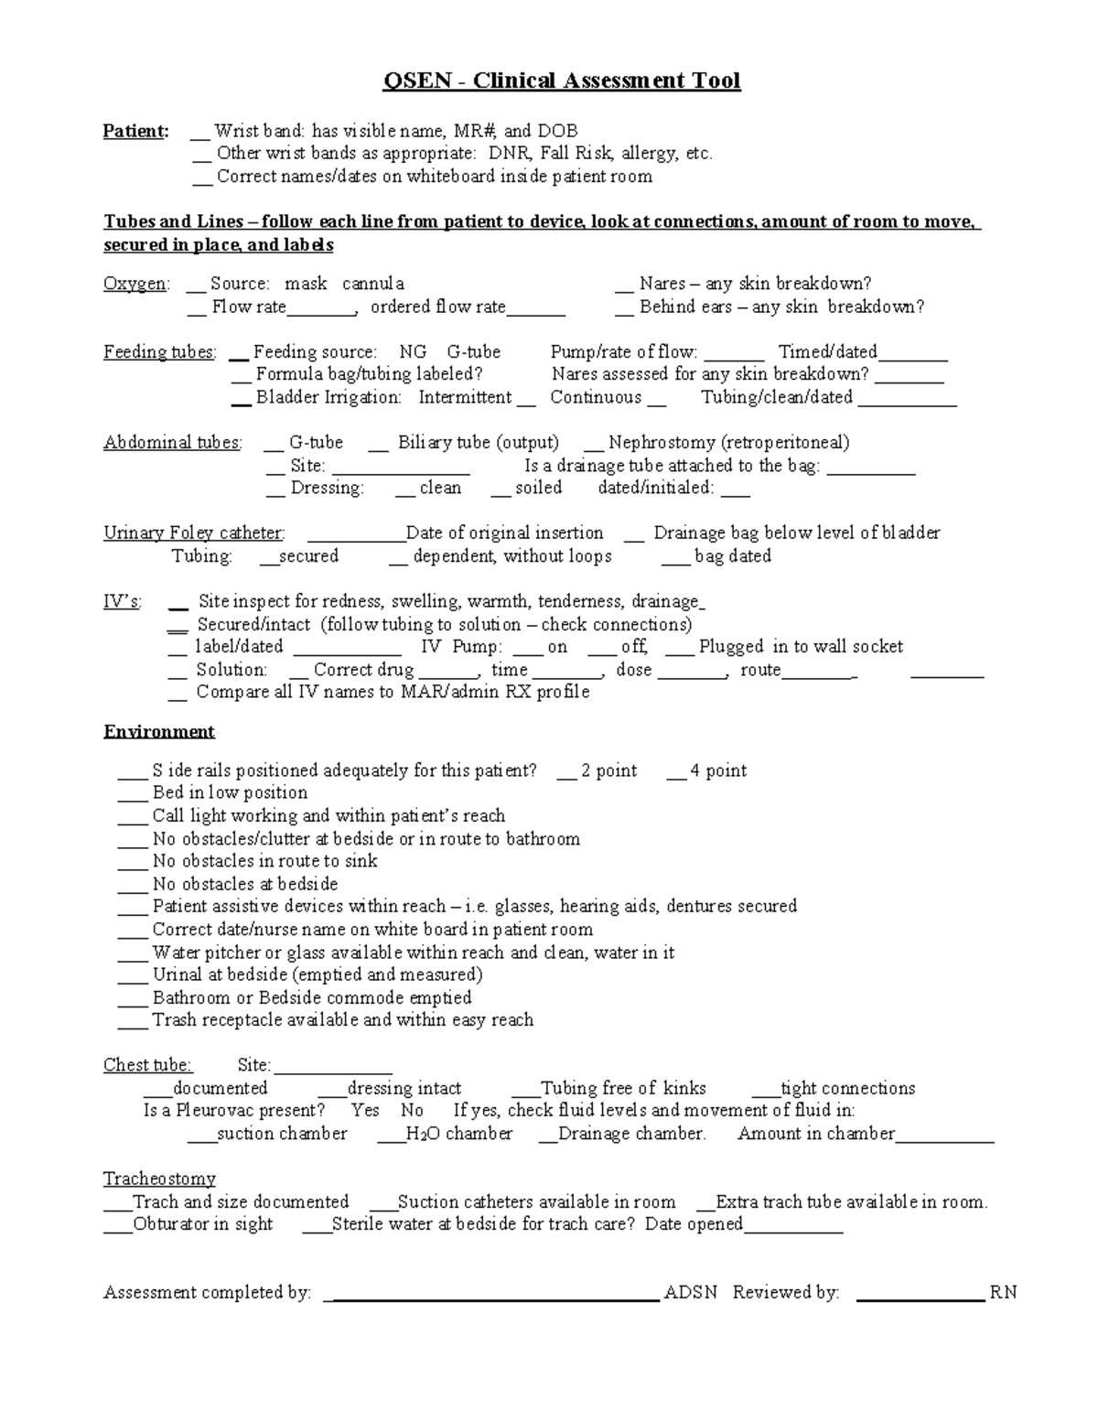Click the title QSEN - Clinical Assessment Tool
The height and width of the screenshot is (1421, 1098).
(561, 81)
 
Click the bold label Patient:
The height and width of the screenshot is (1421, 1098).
(135, 131)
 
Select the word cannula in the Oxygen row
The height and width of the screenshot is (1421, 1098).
(373, 284)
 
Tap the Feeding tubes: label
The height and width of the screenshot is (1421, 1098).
(160, 351)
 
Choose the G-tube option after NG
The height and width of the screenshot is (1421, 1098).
(473, 351)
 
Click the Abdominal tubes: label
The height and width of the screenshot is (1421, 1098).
(173, 442)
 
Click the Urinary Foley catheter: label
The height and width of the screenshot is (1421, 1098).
(194, 533)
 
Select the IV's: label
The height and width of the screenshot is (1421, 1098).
(123, 601)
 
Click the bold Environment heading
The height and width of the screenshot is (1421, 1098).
(159, 731)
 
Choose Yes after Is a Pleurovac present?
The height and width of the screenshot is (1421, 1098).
(365, 1110)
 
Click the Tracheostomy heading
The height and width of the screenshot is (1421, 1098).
(159, 1179)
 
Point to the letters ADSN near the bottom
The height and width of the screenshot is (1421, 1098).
(691, 1292)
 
